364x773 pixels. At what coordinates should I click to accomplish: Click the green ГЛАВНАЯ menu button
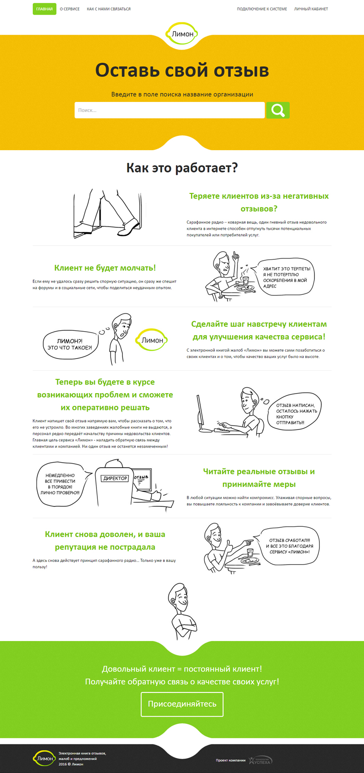click(x=45, y=9)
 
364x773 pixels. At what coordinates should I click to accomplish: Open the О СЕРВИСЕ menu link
click(x=70, y=9)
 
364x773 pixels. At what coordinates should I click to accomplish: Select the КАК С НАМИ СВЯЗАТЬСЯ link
click(x=109, y=9)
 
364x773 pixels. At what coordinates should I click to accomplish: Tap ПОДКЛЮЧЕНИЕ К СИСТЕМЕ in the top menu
click(x=262, y=9)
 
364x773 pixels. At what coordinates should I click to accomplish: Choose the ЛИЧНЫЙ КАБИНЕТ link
click(x=311, y=9)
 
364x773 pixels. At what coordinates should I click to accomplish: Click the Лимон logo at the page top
click(x=182, y=34)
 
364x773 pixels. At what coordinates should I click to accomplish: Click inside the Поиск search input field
click(x=169, y=110)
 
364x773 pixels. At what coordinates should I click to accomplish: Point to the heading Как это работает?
click(x=182, y=168)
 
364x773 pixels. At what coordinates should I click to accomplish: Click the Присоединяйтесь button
click(x=182, y=704)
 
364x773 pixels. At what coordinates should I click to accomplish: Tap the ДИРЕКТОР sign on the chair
click(x=115, y=478)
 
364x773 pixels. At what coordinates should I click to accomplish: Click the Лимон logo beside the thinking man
click(x=152, y=340)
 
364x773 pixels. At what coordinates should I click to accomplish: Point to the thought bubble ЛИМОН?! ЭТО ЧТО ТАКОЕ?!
click(x=70, y=344)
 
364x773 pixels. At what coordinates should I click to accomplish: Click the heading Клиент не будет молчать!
click(x=105, y=268)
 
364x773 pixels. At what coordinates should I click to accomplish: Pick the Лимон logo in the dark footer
click(x=44, y=758)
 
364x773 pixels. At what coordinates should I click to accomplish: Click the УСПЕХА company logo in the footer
click(x=261, y=760)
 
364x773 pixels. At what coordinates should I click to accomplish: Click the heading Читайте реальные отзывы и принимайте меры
click(x=259, y=478)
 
